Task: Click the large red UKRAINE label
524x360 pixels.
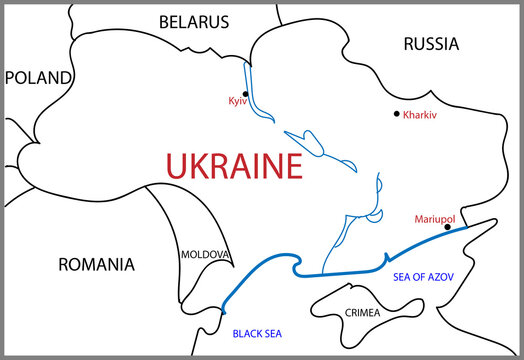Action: (x=233, y=166)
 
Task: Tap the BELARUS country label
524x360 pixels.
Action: (x=193, y=22)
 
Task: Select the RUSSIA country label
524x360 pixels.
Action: (x=431, y=44)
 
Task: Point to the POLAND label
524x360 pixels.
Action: (x=38, y=77)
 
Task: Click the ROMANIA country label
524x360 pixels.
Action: (x=95, y=265)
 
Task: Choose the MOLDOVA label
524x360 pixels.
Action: (x=205, y=254)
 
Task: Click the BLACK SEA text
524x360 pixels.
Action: (x=258, y=333)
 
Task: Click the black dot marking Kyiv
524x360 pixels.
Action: (x=245, y=94)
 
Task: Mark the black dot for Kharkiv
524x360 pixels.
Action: (x=397, y=114)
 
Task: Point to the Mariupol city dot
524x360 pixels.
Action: (x=447, y=227)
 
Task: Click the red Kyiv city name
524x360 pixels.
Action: (x=238, y=103)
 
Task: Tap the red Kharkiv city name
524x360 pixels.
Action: (x=421, y=115)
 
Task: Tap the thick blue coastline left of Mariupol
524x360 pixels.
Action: (x=410, y=248)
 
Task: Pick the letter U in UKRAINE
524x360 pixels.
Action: (x=176, y=166)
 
